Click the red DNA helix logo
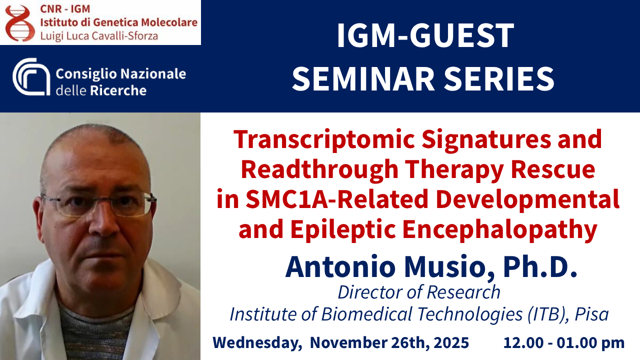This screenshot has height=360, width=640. [19, 23]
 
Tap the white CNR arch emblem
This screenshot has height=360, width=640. [31, 76]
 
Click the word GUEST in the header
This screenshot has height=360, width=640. [462, 35]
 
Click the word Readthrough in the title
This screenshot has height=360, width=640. [319, 170]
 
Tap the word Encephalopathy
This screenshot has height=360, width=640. [499, 230]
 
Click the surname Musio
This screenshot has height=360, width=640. [449, 267]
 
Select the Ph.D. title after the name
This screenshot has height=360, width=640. [540, 266]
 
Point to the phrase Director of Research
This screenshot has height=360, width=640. [419, 292]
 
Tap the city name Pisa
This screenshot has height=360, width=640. [591, 314]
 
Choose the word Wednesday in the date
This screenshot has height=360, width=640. [257, 342]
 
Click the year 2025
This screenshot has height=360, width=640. [451, 342]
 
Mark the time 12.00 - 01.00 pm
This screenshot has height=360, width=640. [563, 342]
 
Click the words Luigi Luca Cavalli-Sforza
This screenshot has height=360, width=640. [99, 36]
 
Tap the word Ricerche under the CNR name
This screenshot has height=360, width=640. [118, 90]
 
